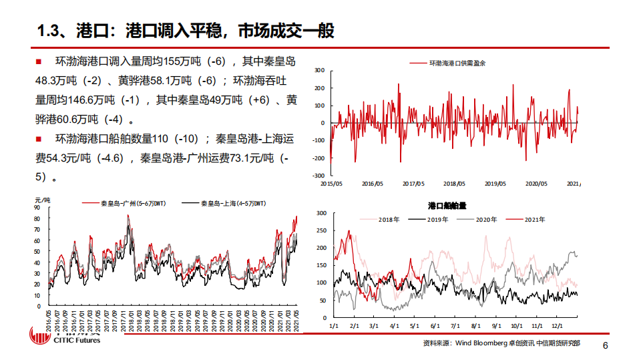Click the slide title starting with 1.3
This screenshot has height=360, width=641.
(186, 31)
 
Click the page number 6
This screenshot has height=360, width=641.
(605, 346)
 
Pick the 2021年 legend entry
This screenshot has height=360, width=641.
(527, 219)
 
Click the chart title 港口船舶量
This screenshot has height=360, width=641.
(447, 206)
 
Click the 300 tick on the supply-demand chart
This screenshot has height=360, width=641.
(318, 70)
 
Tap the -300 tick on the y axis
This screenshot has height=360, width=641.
(317, 176)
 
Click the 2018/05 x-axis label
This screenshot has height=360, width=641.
(454, 183)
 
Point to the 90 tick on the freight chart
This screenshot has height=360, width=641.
(37, 208)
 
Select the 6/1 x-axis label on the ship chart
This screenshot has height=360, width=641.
(435, 325)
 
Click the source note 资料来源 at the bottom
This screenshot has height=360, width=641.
(501, 343)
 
